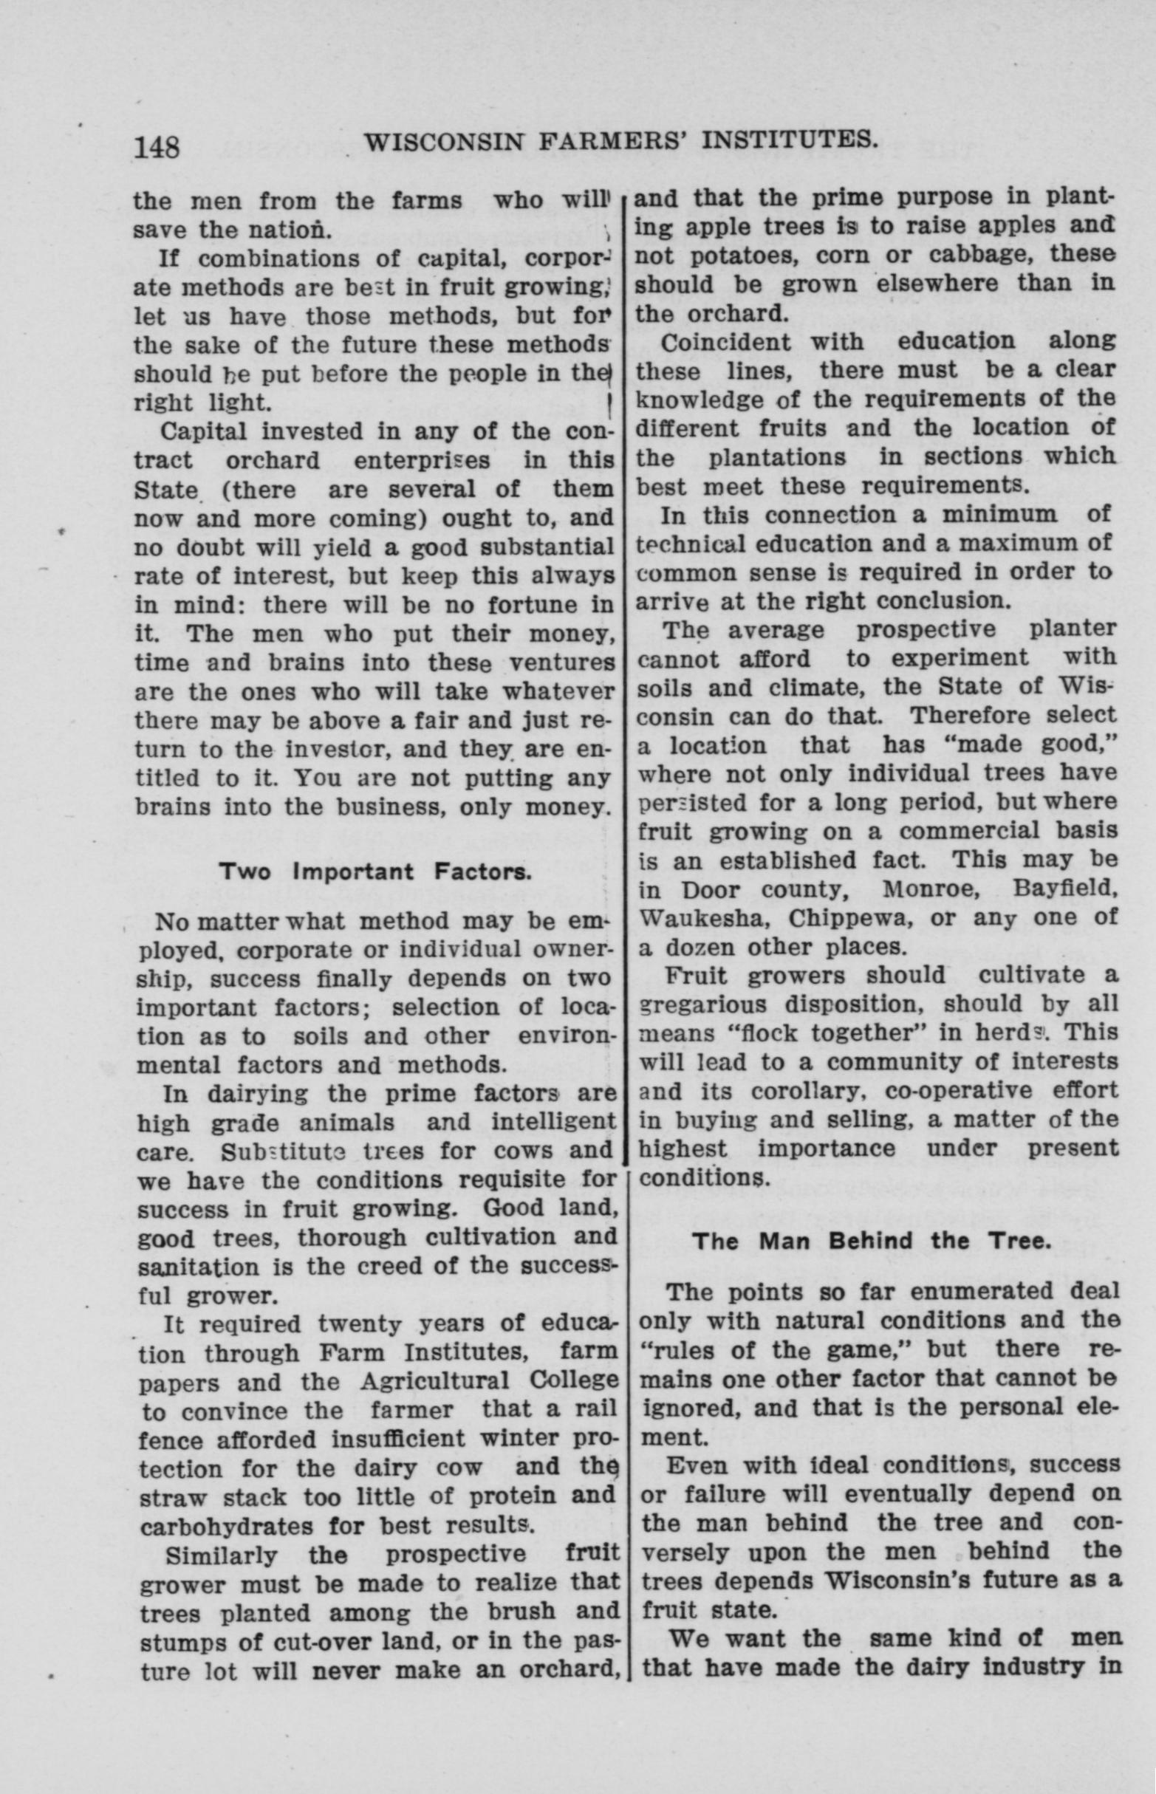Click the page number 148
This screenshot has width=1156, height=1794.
click(x=157, y=146)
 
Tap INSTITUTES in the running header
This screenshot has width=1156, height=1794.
click(x=776, y=140)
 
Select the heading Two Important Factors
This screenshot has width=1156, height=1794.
click(x=375, y=872)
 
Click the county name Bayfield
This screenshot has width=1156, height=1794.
click(x=1066, y=889)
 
